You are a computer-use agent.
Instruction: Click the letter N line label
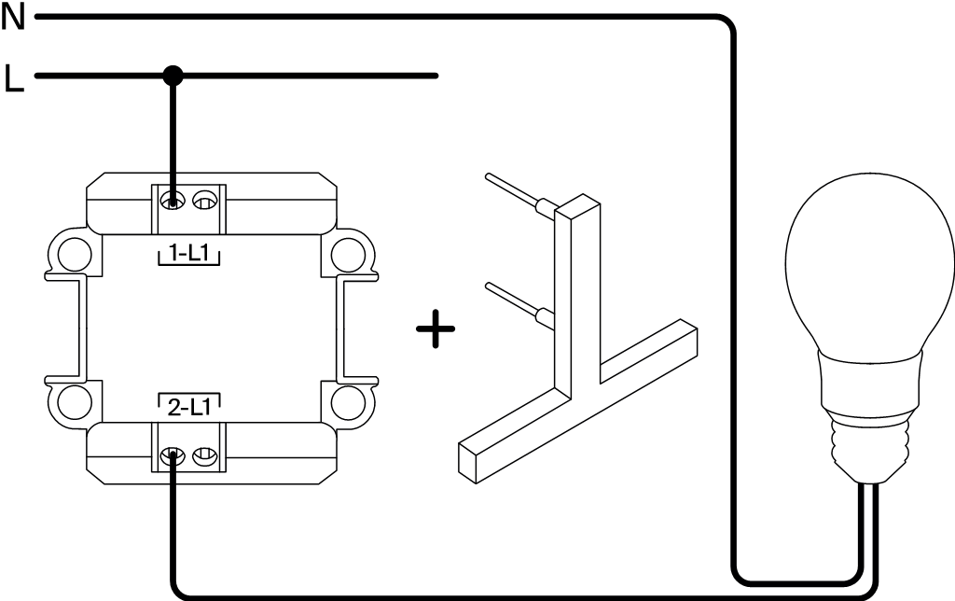[x=13, y=17]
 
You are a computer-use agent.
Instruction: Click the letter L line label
[x=13, y=78]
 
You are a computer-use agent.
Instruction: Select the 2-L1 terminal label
[x=189, y=407]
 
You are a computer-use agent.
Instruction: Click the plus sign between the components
[x=436, y=330]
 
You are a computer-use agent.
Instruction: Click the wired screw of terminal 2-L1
[x=173, y=456]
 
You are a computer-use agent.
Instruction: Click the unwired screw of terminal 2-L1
[x=203, y=456]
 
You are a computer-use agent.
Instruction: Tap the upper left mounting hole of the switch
[x=71, y=253]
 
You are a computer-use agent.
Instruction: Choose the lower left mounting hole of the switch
[x=71, y=403]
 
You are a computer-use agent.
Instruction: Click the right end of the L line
[x=435, y=76]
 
